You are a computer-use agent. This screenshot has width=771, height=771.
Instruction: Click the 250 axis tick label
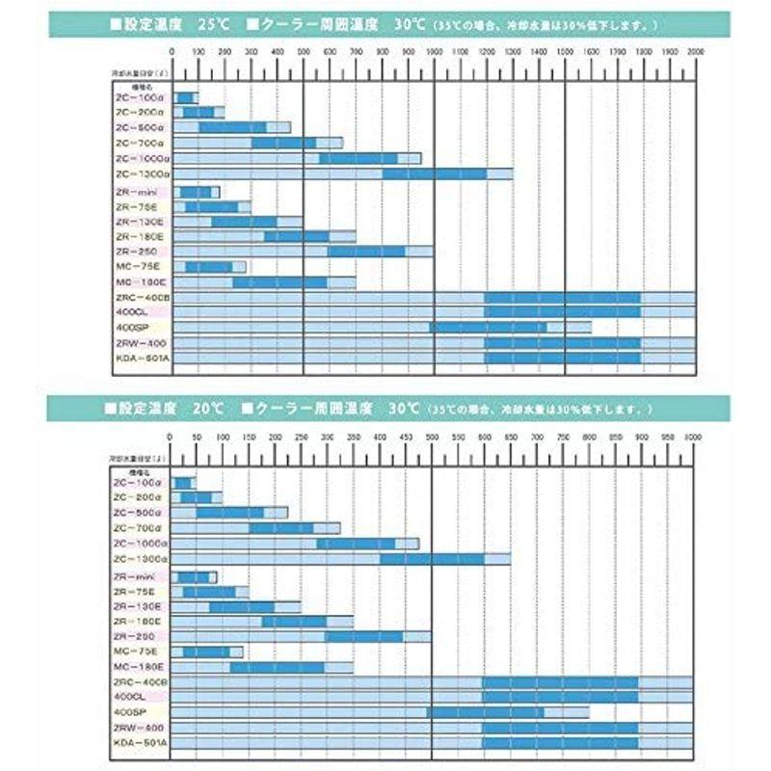coord(302,438)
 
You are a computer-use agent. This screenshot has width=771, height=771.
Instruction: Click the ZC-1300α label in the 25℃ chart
coord(142,174)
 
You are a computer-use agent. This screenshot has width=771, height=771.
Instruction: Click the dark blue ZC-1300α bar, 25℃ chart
coord(435,174)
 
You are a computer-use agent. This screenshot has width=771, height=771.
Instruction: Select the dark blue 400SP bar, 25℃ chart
coord(488,328)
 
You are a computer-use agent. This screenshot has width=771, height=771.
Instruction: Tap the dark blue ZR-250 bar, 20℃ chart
coord(363,636)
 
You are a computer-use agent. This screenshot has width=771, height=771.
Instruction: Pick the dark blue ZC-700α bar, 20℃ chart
coord(281,528)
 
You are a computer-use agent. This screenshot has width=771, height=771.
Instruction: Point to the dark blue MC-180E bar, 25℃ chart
coord(280,282)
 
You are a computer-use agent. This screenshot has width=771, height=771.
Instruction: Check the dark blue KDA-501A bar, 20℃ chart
coord(560,742)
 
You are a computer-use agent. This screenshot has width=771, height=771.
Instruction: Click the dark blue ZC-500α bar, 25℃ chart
coord(232,128)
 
